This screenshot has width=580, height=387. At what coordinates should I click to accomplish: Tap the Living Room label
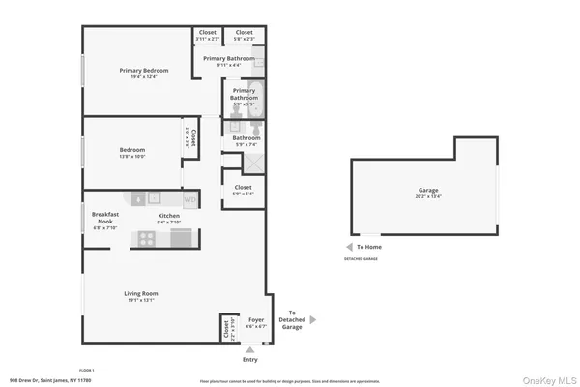pyautogui.click(x=140, y=293)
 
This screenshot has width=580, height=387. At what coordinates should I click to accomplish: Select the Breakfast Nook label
pyautogui.click(x=105, y=218)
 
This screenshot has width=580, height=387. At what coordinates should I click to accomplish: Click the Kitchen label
pyautogui.click(x=168, y=216)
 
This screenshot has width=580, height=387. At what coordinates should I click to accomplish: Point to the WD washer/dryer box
pyautogui.click(x=190, y=200)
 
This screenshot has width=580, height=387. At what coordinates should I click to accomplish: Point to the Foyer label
pyautogui.click(x=256, y=319)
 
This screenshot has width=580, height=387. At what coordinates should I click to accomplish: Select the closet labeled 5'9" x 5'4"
pyautogui.click(x=243, y=191)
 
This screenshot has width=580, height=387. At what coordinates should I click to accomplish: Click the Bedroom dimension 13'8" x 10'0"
pyautogui.click(x=132, y=157)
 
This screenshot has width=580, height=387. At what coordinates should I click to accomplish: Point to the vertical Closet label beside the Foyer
pyautogui.click(x=227, y=330)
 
